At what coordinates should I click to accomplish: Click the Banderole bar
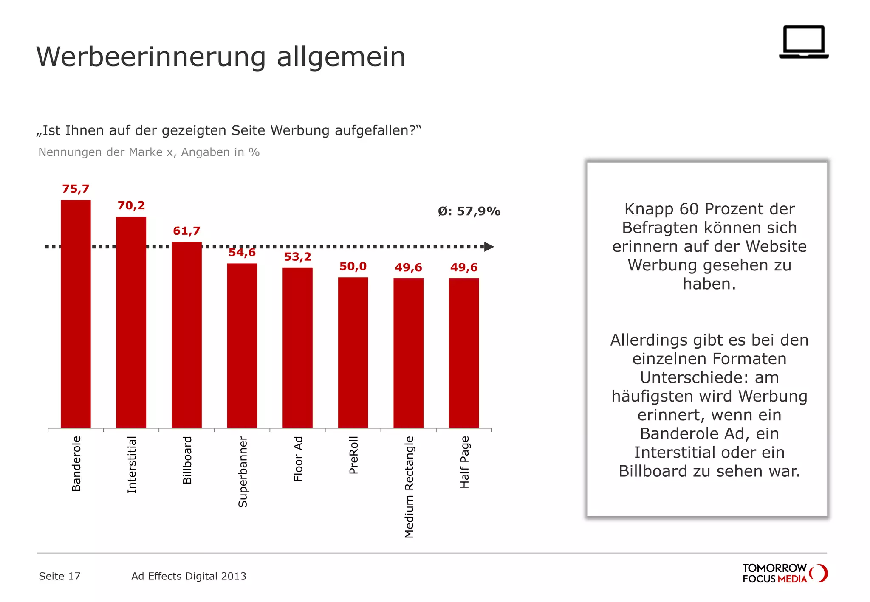[x=76, y=314]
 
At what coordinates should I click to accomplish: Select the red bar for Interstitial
[x=131, y=323]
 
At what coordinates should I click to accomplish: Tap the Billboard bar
[x=186, y=335]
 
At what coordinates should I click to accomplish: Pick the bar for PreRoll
[x=353, y=352]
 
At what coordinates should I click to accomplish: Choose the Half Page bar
[x=464, y=353]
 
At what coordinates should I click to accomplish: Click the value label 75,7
[x=76, y=189]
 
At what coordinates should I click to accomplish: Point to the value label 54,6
[x=242, y=253]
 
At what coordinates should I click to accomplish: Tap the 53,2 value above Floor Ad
[x=297, y=257]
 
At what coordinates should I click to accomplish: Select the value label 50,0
[x=353, y=267]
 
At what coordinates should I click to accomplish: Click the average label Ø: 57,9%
[x=469, y=211]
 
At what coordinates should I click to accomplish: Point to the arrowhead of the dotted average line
[x=489, y=247]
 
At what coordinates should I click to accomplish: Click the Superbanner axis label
[x=243, y=471]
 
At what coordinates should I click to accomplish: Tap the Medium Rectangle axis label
[x=409, y=487]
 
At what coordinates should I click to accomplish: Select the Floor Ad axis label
[x=298, y=459]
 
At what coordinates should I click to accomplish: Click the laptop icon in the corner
[x=804, y=42]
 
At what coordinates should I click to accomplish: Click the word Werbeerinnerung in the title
[x=151, y=57]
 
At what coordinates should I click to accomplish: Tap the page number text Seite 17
[x=59, y=576]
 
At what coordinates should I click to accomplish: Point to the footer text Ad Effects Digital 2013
[x=189, y=576]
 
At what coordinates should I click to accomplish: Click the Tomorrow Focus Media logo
[x=784, y=574]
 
